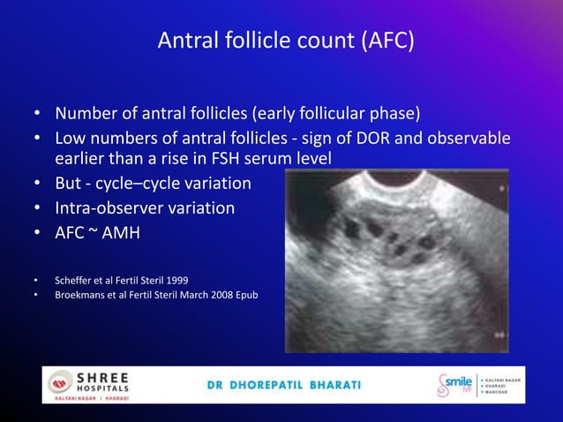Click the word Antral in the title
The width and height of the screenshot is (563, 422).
[186, 41]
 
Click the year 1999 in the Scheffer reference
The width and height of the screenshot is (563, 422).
[175, 280]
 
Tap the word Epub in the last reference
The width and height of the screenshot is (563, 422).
[244, 294]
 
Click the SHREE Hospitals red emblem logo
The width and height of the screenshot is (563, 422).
[60, 382]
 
